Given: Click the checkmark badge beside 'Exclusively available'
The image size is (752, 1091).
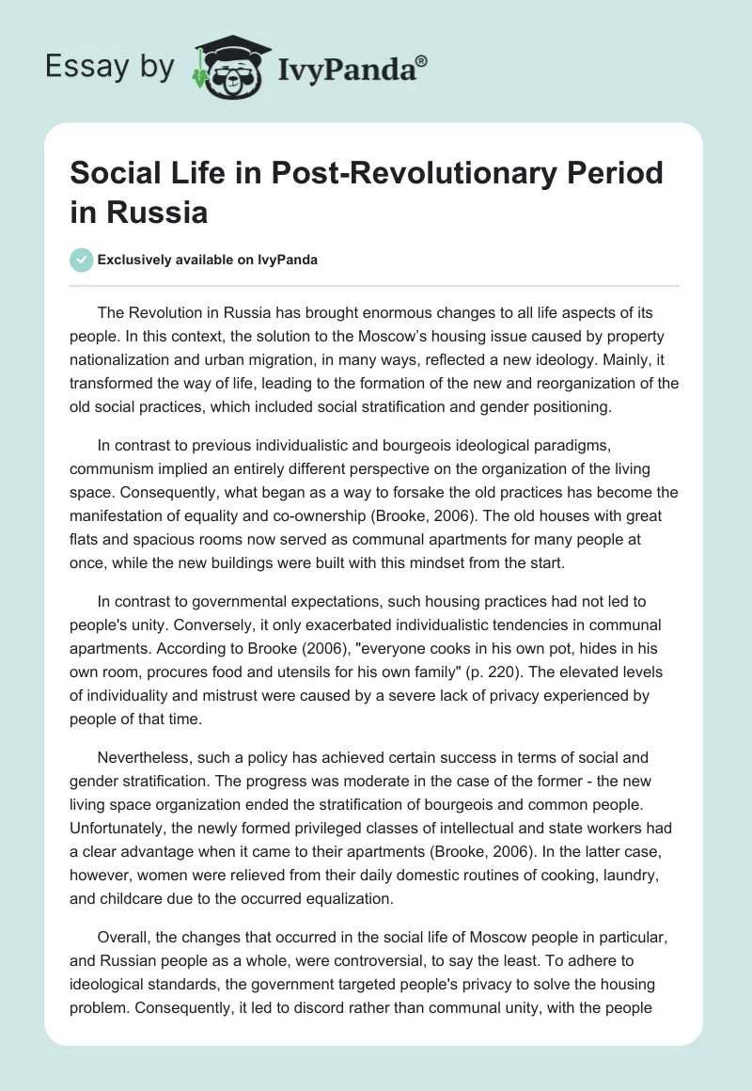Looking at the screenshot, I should coord(82,261).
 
